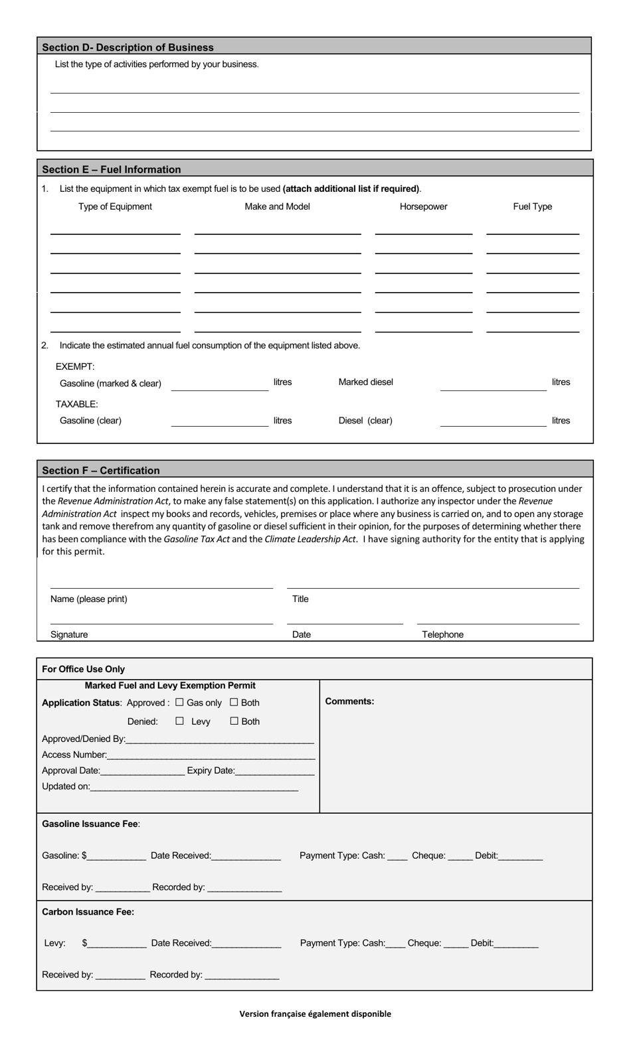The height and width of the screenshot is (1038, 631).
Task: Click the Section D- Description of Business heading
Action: [128, 47]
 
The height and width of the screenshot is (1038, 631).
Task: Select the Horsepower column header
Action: [423, 206]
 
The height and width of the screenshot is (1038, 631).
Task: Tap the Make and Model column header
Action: [277, 206]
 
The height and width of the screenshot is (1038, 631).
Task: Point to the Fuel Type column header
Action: [532, 206]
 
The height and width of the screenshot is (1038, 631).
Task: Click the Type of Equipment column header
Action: [115, 206]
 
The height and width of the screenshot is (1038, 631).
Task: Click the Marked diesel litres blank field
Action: [492, 385]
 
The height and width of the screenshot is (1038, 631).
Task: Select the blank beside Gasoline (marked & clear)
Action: [219, 385]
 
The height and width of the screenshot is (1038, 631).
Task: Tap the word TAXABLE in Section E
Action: [76, 404]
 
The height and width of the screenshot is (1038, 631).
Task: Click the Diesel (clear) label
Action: [365, 420]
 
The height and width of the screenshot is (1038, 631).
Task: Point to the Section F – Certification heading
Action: [101, 470]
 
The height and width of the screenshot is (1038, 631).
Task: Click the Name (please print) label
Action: [89, 599]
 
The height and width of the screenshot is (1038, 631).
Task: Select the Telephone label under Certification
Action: [442, 634]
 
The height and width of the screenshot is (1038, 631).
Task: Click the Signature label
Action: [69, 634]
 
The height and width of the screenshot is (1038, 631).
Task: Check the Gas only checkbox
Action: [179, 702]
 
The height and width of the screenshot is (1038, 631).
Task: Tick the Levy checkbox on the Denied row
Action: [179, 721]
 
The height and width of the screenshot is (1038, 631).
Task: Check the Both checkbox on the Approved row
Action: [234, 702]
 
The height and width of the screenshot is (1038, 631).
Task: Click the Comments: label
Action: [349, 702]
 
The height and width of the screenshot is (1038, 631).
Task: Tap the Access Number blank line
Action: [211, 755]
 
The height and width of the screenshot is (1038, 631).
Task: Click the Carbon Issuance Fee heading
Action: [88, 912]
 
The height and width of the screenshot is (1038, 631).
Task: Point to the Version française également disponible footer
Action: [315, 1013]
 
